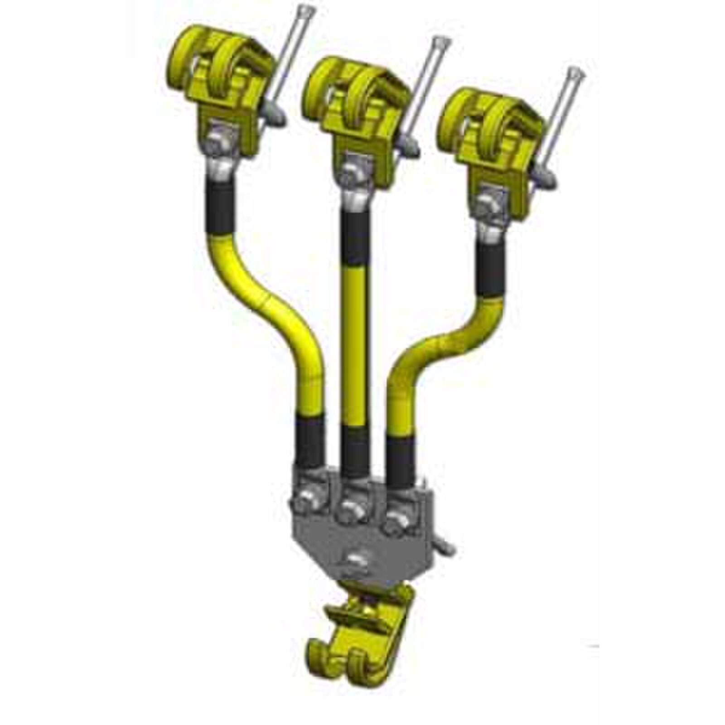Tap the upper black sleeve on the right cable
pyautogui.click(x=492, y=267)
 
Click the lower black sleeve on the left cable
pyautogui.click(x=310, y=440)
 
